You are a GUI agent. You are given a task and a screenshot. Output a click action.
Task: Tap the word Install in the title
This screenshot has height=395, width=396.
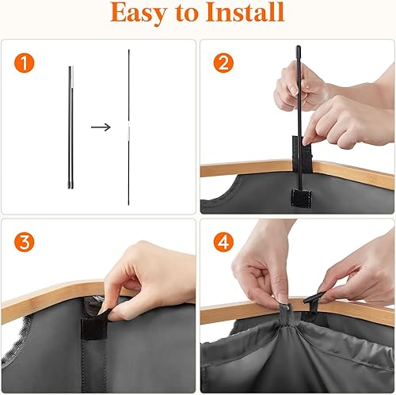pos(247,13)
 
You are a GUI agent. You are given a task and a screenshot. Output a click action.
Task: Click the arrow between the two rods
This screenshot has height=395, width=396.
pos(99,126)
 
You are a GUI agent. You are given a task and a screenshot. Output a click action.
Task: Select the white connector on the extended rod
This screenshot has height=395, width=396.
pos(128,126)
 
